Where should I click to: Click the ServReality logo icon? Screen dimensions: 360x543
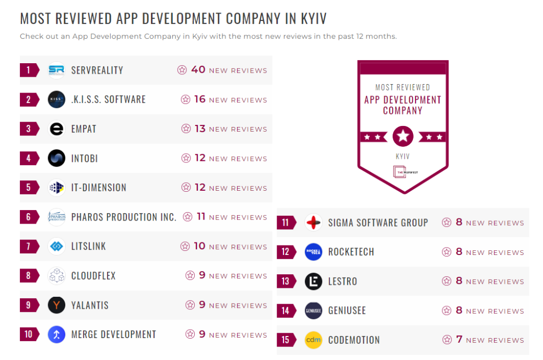click(56, 70)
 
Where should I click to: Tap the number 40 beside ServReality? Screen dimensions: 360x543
click(198, 69)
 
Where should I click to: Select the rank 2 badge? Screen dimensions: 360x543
click(29, 99)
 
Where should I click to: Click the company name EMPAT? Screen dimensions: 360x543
click(84, 129)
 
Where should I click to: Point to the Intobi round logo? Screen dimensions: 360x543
click(56, 158)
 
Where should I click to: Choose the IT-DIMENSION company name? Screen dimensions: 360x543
click(99, 188)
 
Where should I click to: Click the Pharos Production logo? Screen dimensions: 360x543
click(56, 217)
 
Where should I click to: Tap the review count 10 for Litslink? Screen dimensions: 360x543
click(200, 246)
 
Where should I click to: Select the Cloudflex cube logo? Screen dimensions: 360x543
click(56, 275)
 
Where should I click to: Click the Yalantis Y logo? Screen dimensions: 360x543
click(56, 305)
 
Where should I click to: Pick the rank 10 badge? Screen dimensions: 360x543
click(29, 334)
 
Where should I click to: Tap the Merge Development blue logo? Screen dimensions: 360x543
click(56, 334)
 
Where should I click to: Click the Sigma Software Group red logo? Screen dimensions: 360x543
click(313, 223)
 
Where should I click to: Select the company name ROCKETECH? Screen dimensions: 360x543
click(351, 252)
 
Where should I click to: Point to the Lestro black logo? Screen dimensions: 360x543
click(313, 281)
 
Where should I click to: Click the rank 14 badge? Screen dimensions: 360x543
click(286, 310)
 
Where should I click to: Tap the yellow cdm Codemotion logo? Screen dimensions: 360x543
click(313, 340)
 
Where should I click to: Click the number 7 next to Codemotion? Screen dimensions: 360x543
click(459, 340)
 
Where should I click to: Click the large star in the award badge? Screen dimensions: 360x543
click(403, 136)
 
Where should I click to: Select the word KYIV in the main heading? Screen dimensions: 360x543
click(313, 19)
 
